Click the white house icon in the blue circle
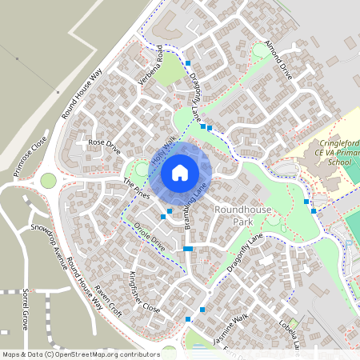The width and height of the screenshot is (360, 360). point(180,172)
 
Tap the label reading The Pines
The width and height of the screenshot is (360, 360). point(136,189)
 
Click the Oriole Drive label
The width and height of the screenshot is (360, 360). point(150,236)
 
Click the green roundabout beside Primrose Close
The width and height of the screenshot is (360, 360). point(50,181)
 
